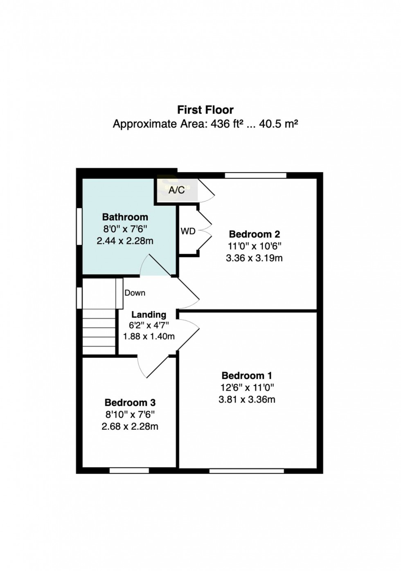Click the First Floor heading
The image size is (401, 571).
(205, 110)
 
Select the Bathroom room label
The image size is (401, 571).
(125, 217)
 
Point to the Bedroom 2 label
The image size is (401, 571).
(254, 234)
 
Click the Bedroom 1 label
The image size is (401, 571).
(246, 375)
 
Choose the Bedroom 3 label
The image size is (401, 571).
(130, 402)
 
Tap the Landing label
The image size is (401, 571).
(149, 315)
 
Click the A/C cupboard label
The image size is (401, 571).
(176, 190)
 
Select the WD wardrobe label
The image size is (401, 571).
(188, 232)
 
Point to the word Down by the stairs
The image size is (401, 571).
(135, 293)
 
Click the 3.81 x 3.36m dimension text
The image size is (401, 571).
(246, 400)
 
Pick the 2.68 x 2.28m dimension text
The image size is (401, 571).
(130, 427)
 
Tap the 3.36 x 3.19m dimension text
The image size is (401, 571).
(254, 258)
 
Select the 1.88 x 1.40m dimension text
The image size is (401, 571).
(149, 337)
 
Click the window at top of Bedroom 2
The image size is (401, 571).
(255, 175)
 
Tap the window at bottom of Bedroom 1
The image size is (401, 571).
(246, 471)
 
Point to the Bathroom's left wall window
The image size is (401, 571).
(79, 227)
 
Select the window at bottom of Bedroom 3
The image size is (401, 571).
(129, 471)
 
